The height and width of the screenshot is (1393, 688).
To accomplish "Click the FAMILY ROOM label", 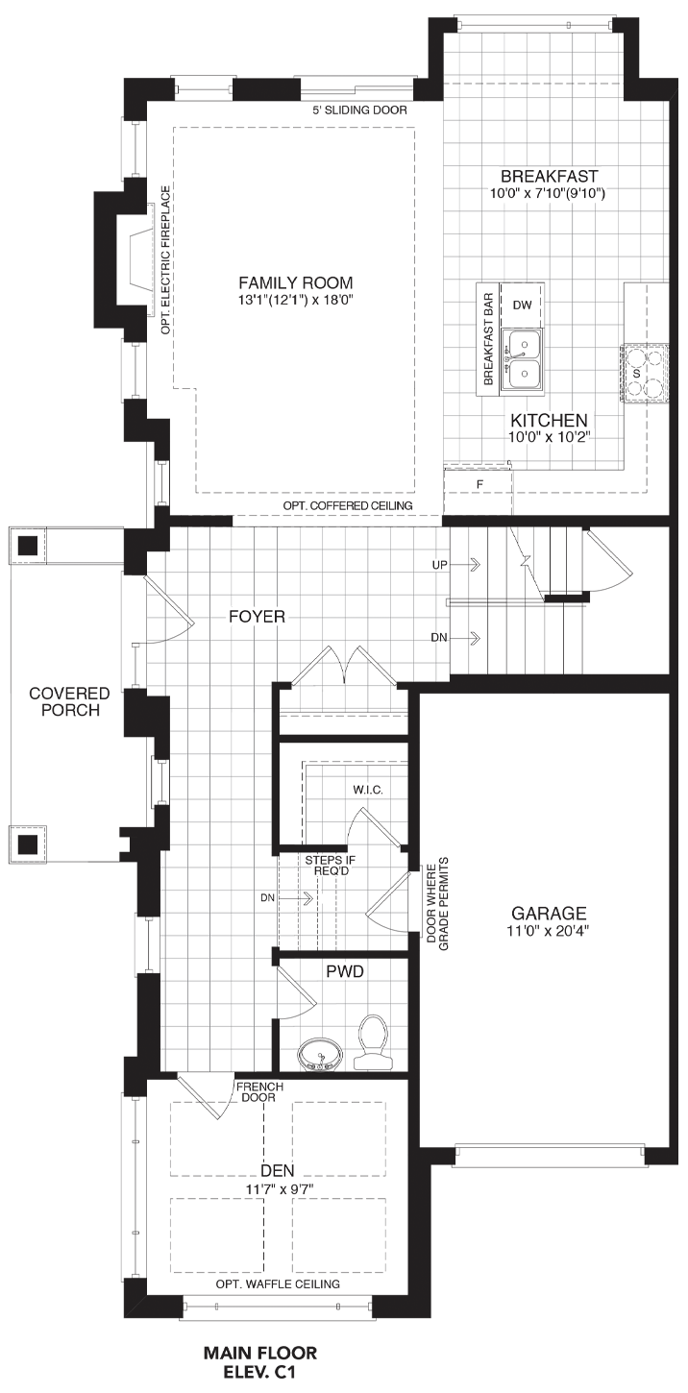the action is pyautogui.click(x=296, y=283).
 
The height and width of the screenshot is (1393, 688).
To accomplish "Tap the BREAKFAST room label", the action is pyautogui.click(x=549, y=177).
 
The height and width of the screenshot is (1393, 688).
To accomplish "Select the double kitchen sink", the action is pyautogui.click(x=523, y=361).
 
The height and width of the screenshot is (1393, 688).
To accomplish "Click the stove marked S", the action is pyautogui.click(x=645, y=374).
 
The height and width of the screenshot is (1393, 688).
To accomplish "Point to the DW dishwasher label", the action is pyautogui.click(x=522, y=305).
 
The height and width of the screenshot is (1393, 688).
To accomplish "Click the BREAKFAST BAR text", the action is pyautogui.click(x=488, y=339).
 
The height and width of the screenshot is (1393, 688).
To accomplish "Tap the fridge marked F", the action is pyautogui.click(x=479, y=483).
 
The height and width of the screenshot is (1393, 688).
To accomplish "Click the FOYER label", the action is pyautogui.click(x=257, y=617).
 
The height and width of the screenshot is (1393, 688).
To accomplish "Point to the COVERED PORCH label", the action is pyautogui.click(x=70, y=701).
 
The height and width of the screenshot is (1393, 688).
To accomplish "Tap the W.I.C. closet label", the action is pyautogui.click(x=368, y=791).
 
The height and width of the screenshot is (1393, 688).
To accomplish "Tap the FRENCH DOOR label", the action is pyautogui.click(x=259, y=1092).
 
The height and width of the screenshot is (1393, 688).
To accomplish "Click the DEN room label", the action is pyautogui.click(x=278, y=1171).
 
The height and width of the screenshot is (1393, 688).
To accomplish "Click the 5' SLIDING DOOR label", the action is pyautogui.click(x=360, y=110).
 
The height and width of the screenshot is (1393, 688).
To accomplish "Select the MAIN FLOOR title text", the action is pyautogui.click(x=260, y=1353).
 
